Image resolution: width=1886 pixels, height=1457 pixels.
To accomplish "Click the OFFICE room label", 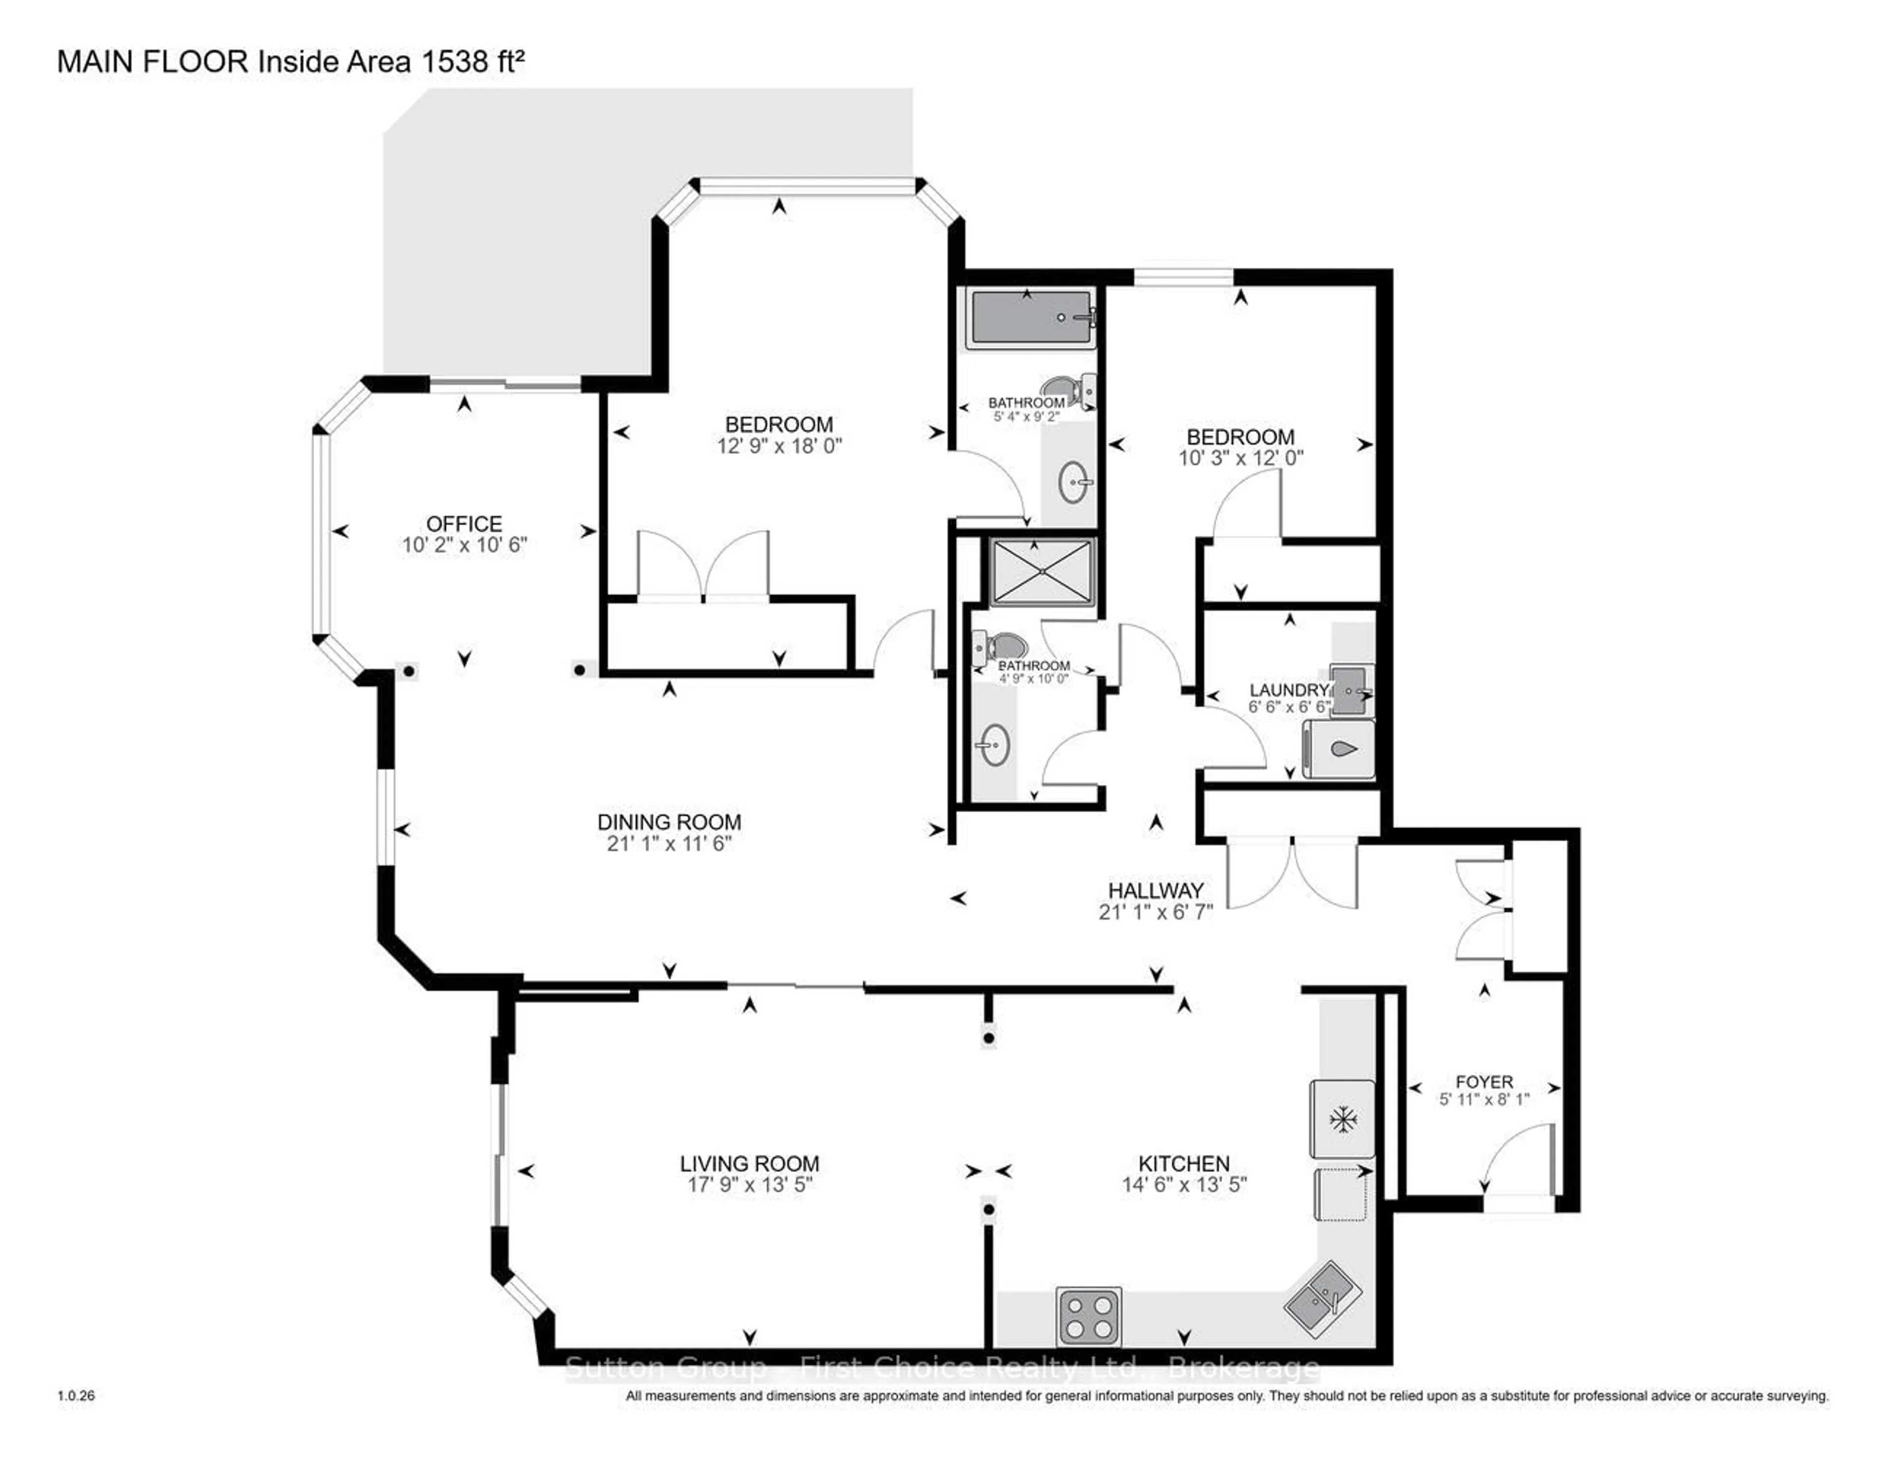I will pyautogui.click(x=464, y=524).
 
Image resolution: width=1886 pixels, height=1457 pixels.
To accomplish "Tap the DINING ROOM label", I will pyautogui.click(x=669, y=822).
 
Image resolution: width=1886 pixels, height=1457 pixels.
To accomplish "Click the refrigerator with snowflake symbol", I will pyautogui.click(x=1342, y=1119).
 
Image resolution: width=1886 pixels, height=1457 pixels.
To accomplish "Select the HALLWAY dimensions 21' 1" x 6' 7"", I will pyautogui.click(x=1156, y=912).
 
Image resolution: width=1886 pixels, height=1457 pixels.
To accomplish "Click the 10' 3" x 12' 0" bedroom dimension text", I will pyautogui.click(x=1240, y=459).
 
